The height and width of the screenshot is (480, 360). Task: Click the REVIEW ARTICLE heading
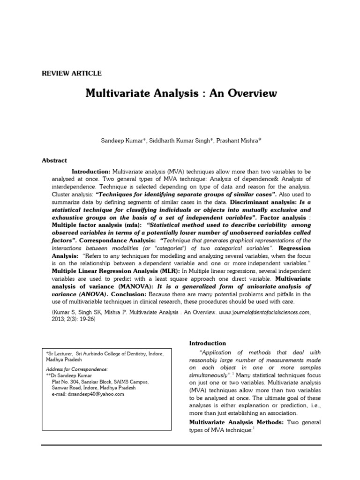(x=72, y=73)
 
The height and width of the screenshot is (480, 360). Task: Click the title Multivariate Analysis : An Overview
(x=181, y=93)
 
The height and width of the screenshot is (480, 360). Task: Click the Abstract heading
(x=54, y=160)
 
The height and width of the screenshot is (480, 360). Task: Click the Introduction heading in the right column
(x=207, y=343)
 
